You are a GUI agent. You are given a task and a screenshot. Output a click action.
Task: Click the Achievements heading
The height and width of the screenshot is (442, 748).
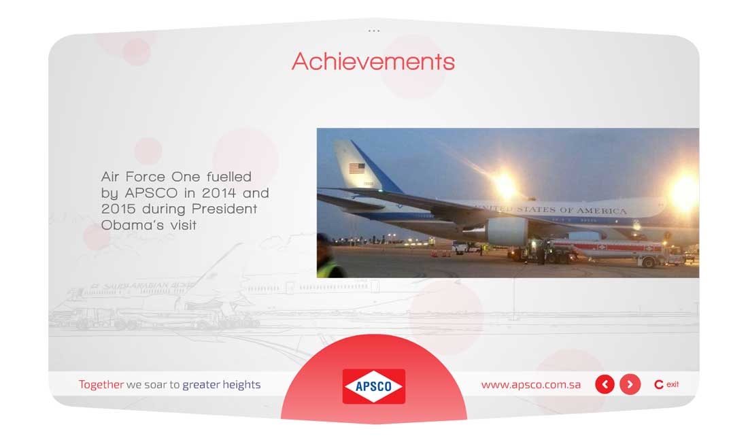click(x=373, y=61)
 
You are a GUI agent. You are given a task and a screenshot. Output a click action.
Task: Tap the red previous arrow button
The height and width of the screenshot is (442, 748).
click(x=605, y=384)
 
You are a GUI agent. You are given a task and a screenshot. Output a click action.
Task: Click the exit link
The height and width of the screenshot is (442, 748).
click(x=666, y=384)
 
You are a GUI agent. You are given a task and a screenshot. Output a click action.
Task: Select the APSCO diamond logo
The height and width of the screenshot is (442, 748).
click(x=374, y=386)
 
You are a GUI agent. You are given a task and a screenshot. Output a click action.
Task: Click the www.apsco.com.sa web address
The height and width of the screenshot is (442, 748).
click(x=531, y=385)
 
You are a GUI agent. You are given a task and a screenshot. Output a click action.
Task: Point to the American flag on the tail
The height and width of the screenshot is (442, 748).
click(x=357, y=169)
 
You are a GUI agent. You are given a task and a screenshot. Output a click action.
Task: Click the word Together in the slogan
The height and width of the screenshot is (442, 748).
click(x=101, y=384)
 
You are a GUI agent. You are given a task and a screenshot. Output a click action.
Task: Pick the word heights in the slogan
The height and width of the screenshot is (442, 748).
click(x=241, y=385)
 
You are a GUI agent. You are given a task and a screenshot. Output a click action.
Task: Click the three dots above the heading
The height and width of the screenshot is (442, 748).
click(x=374, y=31)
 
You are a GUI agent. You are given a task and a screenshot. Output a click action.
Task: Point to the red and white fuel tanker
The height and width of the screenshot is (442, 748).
click(x=615, y=251)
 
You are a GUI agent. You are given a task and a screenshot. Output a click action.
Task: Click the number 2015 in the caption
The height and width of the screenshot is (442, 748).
click(x=118, y=209)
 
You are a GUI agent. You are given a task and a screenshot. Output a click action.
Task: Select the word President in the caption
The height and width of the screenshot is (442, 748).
click(x=224, y=209)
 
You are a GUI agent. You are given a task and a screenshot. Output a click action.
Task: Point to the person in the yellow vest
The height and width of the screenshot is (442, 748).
click(x=329, y=258)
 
